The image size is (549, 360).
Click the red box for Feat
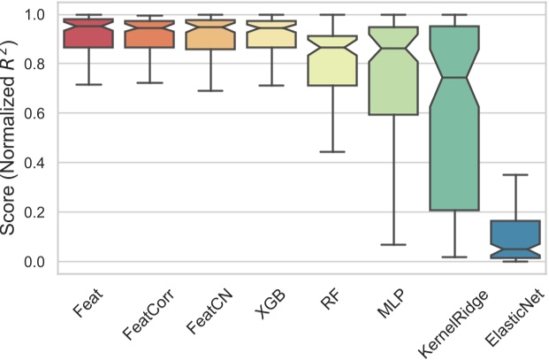point(89,34)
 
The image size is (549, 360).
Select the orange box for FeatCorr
point(150,34)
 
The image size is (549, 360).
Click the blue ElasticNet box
point(515,240)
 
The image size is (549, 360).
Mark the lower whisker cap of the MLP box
point(393,244)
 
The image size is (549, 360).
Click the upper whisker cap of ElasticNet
point(515,175)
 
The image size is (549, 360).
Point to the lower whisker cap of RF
point(332,151)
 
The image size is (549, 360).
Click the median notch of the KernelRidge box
point(454,78)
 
